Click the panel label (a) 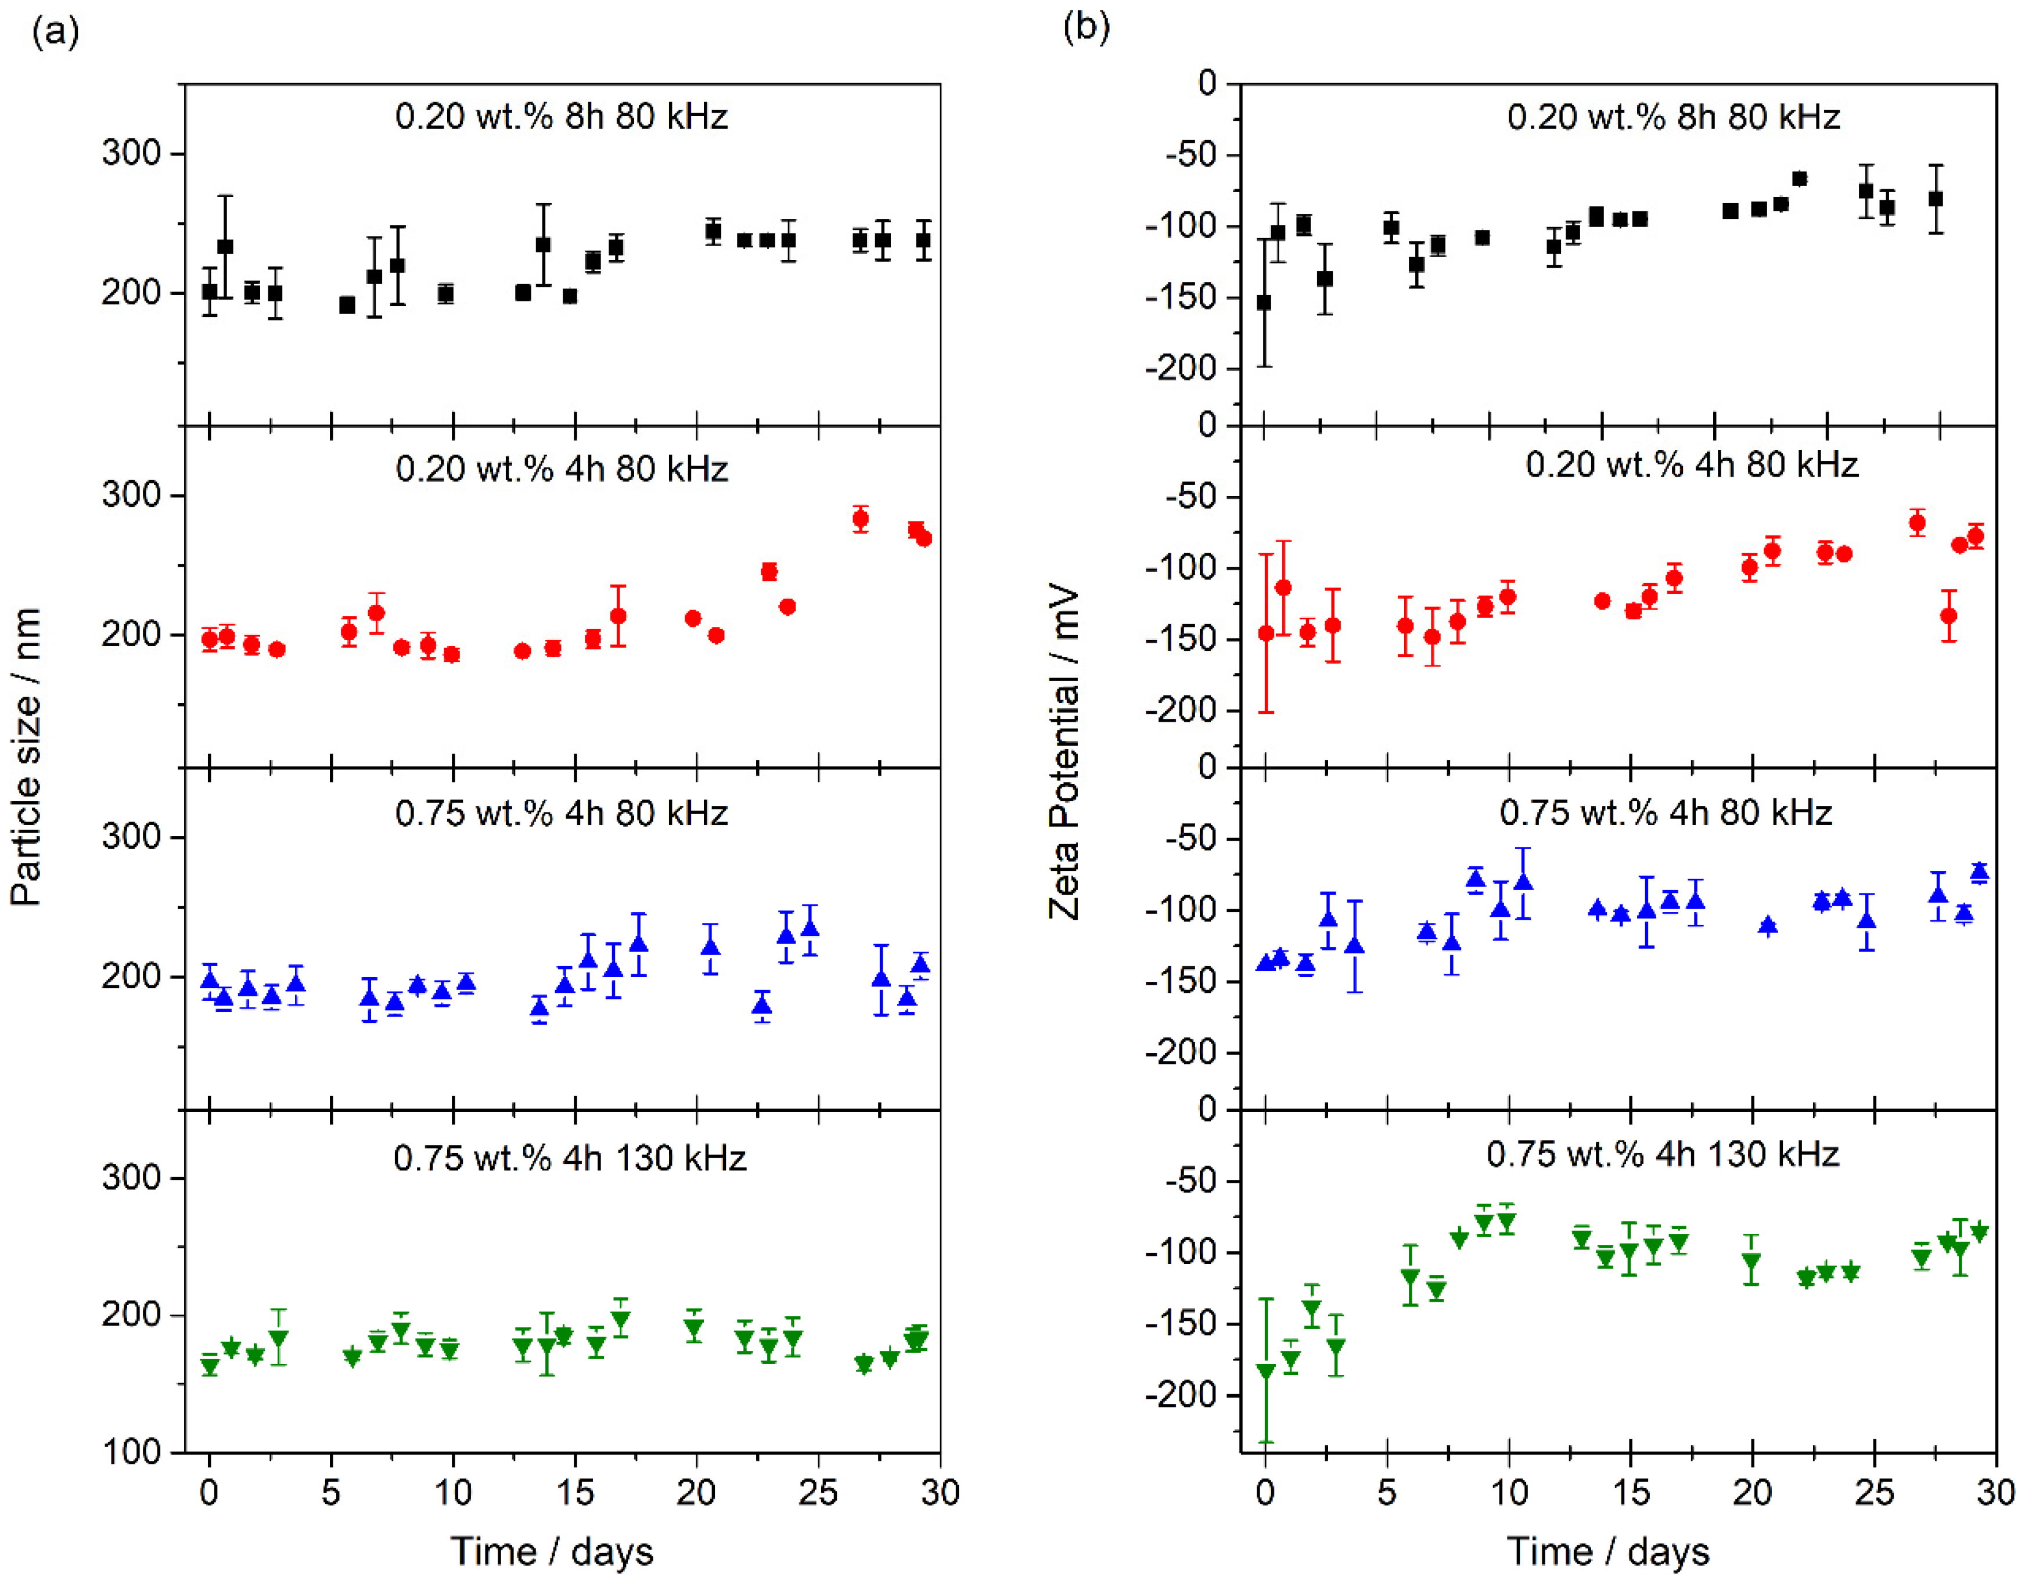(56, 33)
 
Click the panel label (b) (1086, 28)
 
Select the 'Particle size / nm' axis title (26, 757)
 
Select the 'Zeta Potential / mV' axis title (1064, 751)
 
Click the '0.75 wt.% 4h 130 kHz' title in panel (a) (569, 1158)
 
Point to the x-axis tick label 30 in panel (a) (939, 1493)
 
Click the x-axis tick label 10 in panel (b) (1509, 1493)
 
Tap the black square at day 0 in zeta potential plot (1264, 303)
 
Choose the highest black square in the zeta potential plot (1800, 179)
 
